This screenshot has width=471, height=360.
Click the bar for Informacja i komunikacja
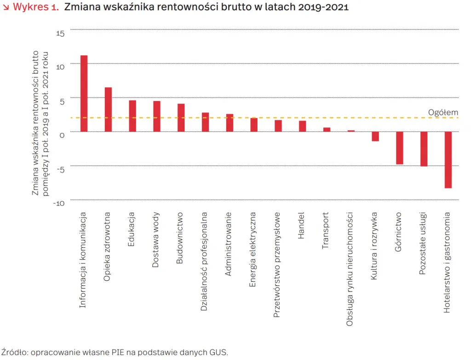point(84,93)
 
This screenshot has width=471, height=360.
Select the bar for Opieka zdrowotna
point(108,109)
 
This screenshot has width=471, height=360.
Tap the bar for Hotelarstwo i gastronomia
point(448,160)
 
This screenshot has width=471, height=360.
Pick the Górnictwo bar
point(399,148)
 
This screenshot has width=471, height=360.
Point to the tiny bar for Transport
point(327,130)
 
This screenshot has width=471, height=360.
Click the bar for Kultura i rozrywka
point(375,136)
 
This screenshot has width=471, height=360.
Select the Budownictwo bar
point(181,118)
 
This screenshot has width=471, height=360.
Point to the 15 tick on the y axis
point(61,33)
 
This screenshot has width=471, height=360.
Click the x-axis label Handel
point(302,226)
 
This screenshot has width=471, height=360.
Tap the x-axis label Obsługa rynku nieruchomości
point(350,269)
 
